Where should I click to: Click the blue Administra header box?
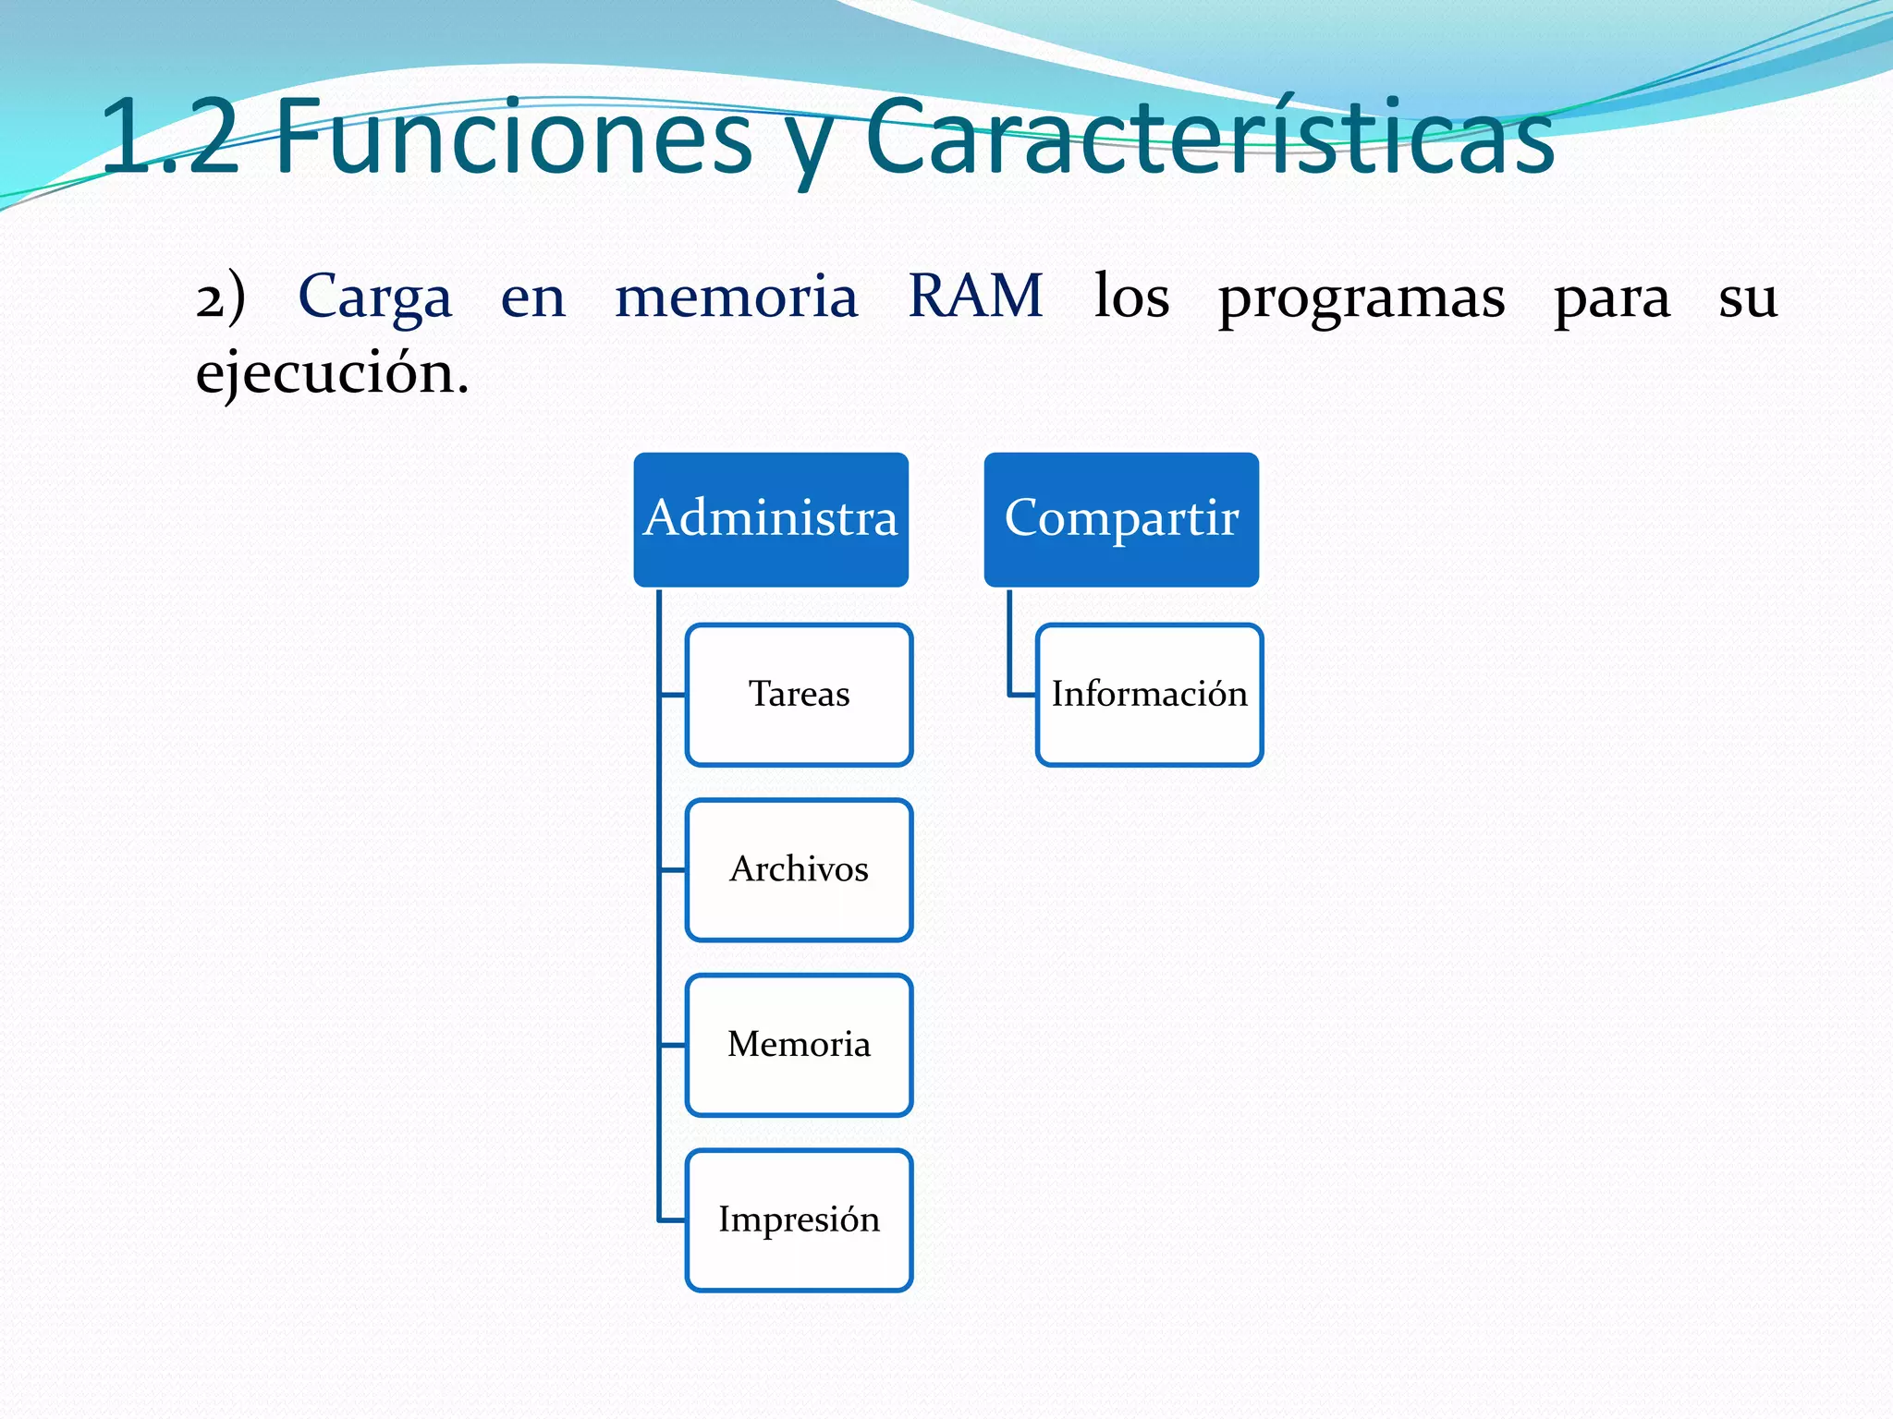[x=771, y=519]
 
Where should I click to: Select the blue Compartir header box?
[x=1121, y=519]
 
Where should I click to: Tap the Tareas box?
[x=799, y=695]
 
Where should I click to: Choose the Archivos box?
[x=799, y=870]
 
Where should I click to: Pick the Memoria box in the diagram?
[x=799, y=1045]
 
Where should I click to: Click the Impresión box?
[x=799, y=1220]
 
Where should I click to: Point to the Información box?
[x=1149, y=695]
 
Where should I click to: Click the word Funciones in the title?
[x=514, y=139]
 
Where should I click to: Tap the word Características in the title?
[x=1211, y=139]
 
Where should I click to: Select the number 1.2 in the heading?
[x=171, y=139]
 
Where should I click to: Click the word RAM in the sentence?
[x=976, y=297]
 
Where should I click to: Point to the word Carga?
[x=375, y=297]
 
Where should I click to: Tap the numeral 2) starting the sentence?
[x=220, y=297]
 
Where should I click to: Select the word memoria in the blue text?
[x=737, y=297]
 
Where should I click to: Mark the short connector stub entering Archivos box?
[x=673, y=870]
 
